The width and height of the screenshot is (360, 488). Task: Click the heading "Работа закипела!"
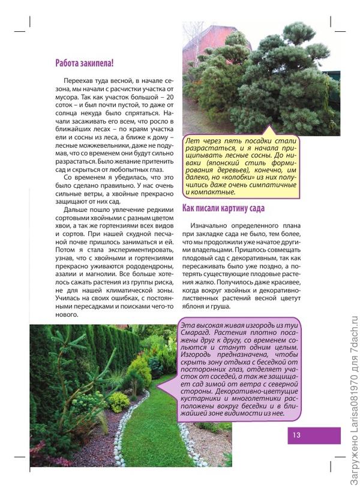(x=84, y=62)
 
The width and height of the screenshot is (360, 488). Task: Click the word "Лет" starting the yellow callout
(x=193, y=139)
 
